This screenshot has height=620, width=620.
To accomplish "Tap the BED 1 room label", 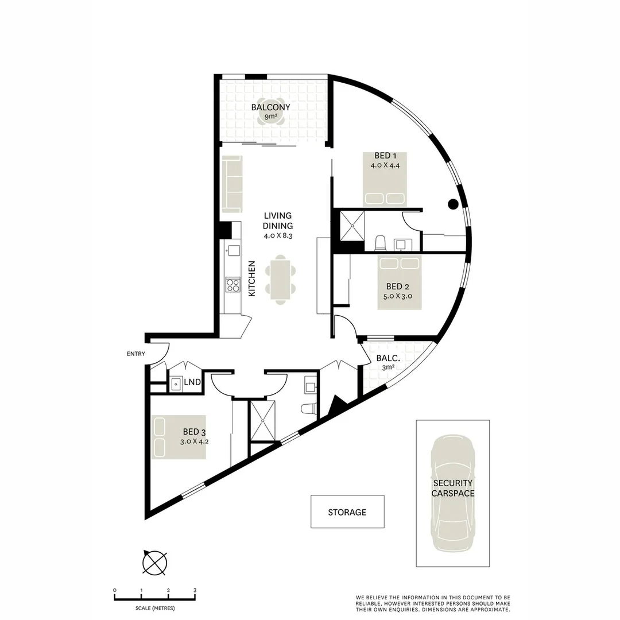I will click(x=385, y=156).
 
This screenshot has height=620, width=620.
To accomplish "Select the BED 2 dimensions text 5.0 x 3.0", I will click(x=398, y=297).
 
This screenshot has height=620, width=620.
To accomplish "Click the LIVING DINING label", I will click(x=278, y=220).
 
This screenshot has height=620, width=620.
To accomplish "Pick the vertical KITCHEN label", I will click(x=251, y=278).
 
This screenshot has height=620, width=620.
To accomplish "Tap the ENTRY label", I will click(x=136, y=354).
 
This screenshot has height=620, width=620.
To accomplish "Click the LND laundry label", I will click(x=192, y=382).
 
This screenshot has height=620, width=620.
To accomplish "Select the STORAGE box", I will click(x=347, y=511).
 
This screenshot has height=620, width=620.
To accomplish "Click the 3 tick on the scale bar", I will click(x=195, y=590).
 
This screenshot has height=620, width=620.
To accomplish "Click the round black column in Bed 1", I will click(x=452, y=203).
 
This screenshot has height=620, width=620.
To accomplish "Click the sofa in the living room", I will click(x=232, y=184).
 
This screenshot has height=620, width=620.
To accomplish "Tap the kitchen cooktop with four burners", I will click(x=232, y=285).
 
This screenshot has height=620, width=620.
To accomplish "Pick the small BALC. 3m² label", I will click(x=385, y=363).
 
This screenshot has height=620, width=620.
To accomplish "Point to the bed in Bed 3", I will click(x=179, y=437).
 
